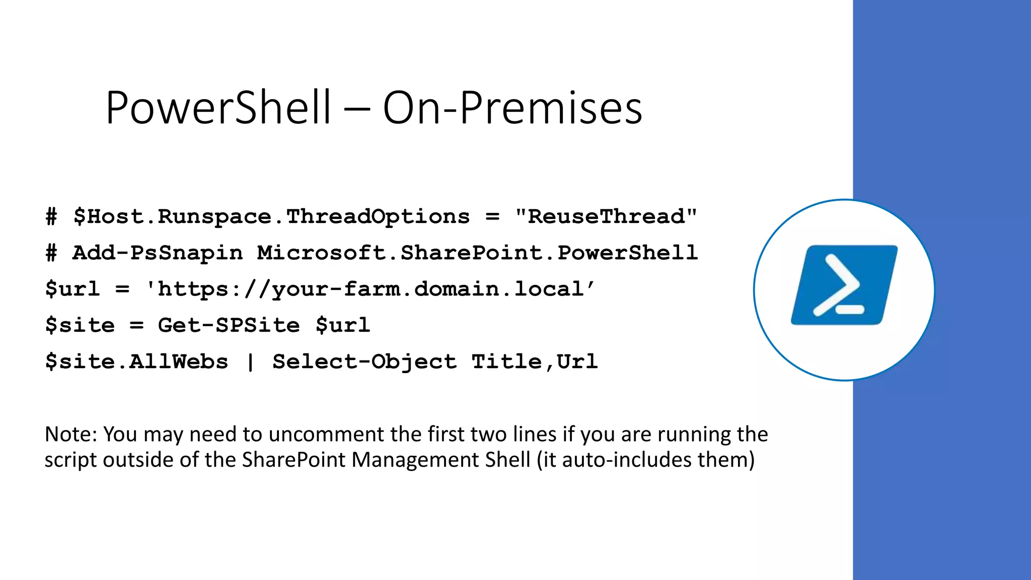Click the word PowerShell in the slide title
click(x=218, y=108)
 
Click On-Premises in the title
click(x=512, y=108)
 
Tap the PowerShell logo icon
click(x=844, y=285)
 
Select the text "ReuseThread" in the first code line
click(x=606, y=217)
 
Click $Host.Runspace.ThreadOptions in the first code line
click(x=271, y=217)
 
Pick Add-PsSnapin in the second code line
click(x=158, y=253)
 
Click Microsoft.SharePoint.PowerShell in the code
click(x=477, y=253)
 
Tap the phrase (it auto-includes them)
click(x=646, y=460)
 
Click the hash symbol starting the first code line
click(x=51, y=217)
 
